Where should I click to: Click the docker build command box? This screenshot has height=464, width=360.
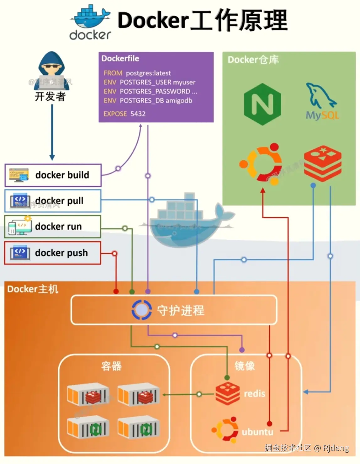[x=53, y=175]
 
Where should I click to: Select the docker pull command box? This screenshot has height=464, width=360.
[x=53, y=201]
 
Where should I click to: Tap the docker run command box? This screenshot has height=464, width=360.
[x=53, y=227]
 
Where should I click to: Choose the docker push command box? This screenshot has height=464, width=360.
[x=53, y=253]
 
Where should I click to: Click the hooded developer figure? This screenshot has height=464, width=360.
[x=51, y=71]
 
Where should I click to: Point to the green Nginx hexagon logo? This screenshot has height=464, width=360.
[x=262, y=104]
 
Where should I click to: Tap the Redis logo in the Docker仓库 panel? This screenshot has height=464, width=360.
[x=322, y=163]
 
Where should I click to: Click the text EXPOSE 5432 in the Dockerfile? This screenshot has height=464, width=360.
[x=125, y=114]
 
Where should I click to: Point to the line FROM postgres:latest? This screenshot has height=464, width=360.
[x=137, y=73]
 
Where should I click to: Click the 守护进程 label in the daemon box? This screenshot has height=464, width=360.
[x=180, y=310]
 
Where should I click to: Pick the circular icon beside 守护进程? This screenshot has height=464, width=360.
[x=142, y=310]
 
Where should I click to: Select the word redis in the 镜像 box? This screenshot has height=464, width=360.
[x=255, y=394]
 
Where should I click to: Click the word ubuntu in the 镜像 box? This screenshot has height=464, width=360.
[x=257, y=432]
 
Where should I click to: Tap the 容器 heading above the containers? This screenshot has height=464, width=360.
[x=111, y=366]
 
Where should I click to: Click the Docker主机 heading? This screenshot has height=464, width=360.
[x=33, y=289]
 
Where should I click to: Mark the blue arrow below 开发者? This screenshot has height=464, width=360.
[x=52, y=132]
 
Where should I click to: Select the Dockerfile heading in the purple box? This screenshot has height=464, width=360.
[x=120, y=59]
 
